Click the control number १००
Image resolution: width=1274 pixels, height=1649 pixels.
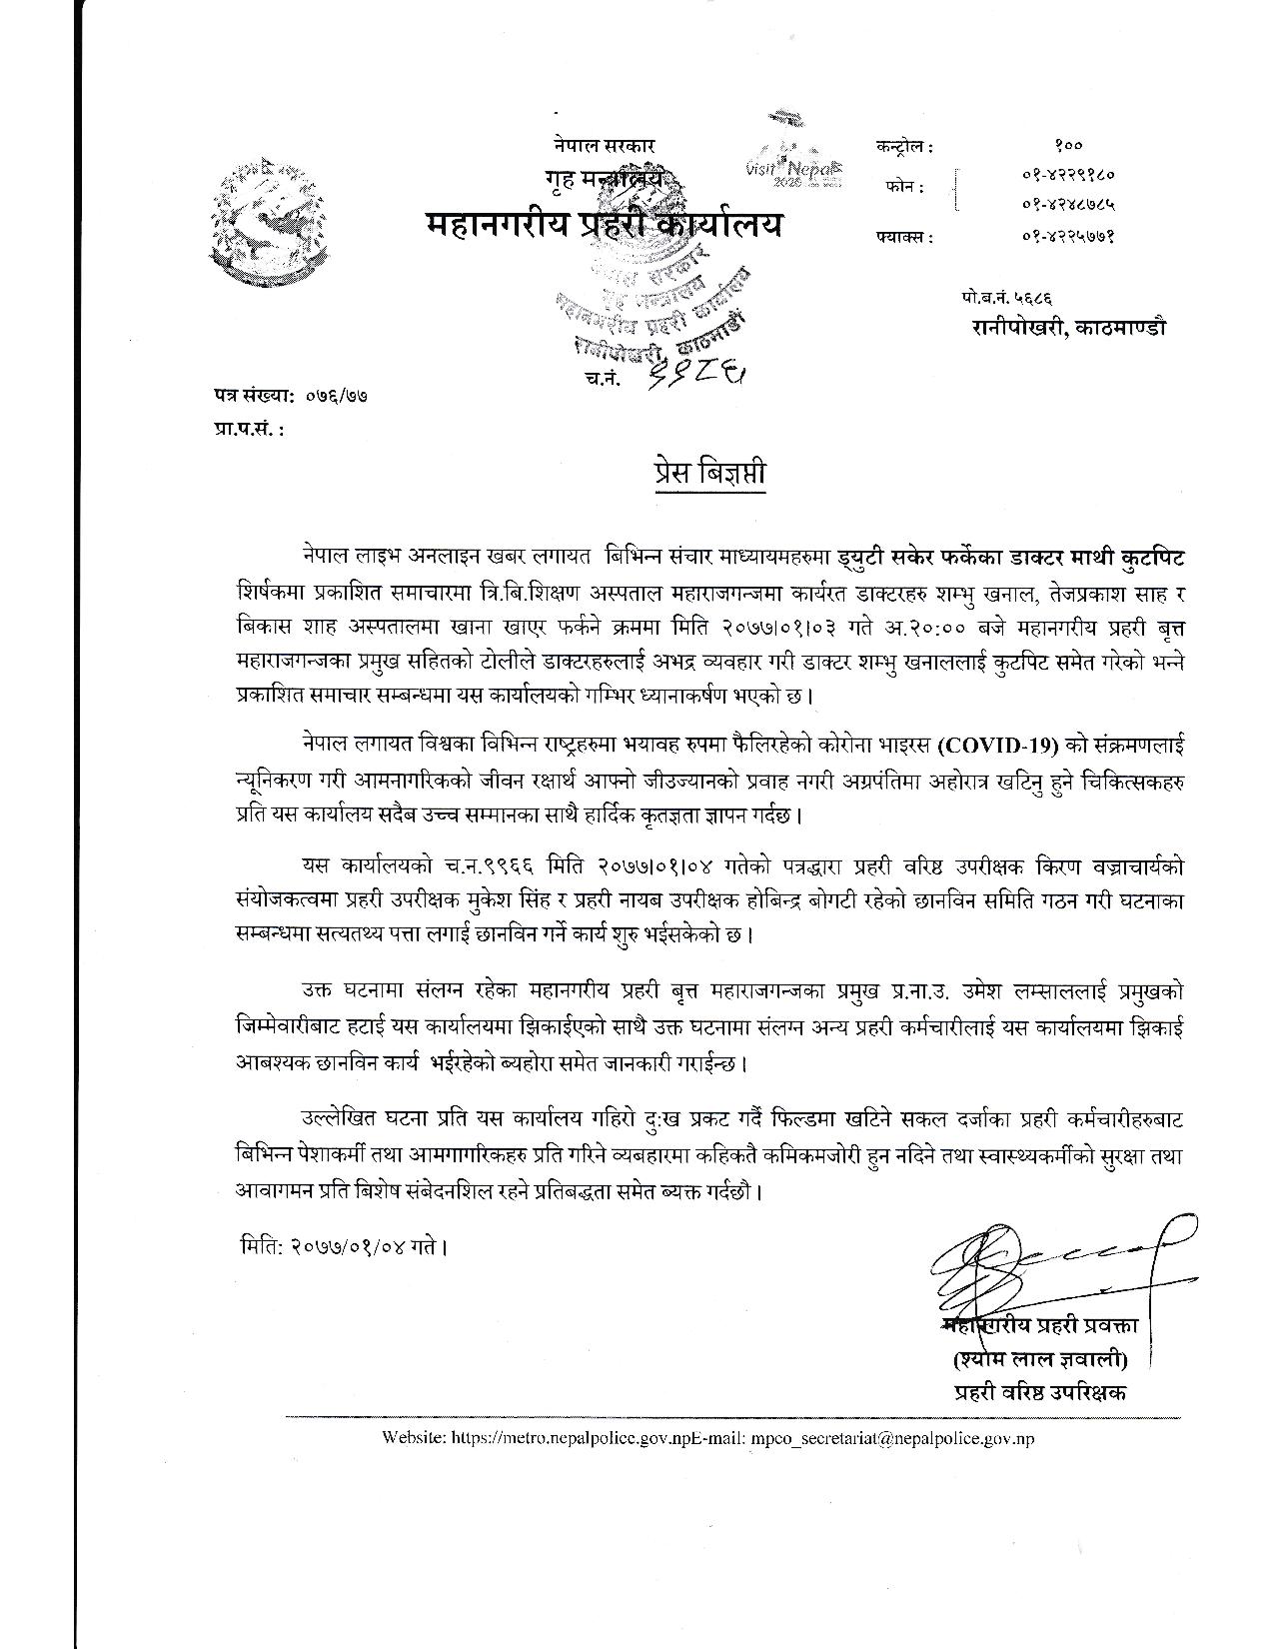pos(1067,147)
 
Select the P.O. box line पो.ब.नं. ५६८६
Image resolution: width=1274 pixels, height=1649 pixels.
pos(1009,297)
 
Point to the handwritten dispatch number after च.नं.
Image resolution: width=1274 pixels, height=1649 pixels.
pos(698,375)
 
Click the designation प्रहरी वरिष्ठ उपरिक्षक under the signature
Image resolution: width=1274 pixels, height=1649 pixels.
pos(1040,1391)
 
